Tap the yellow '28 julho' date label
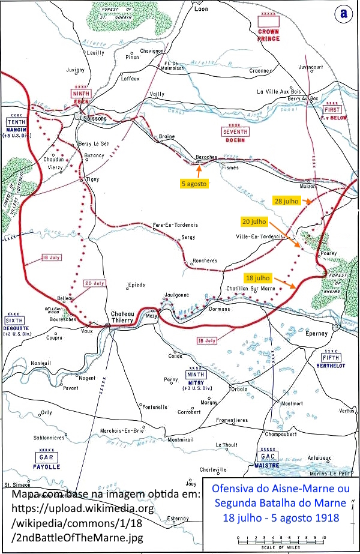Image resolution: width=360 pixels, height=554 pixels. click(x=287, y=200)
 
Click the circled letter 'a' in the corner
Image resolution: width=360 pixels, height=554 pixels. click(x=344, y=14)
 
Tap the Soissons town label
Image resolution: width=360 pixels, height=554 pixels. click(x=94, y=119)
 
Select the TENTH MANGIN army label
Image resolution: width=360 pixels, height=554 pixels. click(x=16, y=125)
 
